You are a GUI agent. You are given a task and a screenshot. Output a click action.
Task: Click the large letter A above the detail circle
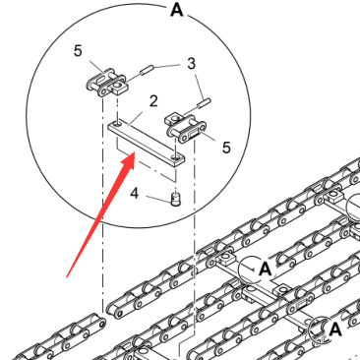tap(177, 10)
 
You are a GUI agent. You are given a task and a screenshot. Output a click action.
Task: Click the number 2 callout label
tap(153, 101)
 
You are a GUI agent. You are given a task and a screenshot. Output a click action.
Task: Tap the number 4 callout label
tap(135, 194)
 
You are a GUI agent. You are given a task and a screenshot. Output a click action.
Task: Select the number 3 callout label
tap(192, 64)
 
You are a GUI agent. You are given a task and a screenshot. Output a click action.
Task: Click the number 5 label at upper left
tap(78, 51)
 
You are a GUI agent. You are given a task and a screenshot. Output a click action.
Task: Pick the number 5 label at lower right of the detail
tap(226, 148)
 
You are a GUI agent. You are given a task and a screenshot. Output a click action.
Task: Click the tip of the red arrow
tap(135, 153)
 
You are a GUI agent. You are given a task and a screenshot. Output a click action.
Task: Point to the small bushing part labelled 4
tap(176, 200)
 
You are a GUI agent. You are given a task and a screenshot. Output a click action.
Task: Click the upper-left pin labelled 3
tap(147, 71)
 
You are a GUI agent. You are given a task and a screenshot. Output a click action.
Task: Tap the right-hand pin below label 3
tap(204, 103)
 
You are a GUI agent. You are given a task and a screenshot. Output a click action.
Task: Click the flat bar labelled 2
tap(147, 143)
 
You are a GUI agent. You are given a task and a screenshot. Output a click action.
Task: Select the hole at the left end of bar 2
tap(117, 124)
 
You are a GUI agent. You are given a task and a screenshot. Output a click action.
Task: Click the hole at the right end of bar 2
tap(176, 158)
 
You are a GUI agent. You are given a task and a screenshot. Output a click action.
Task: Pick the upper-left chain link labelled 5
tap(105, 83)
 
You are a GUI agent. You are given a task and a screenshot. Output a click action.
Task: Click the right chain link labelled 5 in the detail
tap(185, 129)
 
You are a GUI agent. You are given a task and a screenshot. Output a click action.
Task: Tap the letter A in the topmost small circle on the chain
tap(265, 270)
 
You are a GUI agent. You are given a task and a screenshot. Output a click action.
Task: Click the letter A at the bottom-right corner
tap(334, 330)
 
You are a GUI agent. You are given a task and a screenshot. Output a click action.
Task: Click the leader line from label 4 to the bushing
tap(158, 199)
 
